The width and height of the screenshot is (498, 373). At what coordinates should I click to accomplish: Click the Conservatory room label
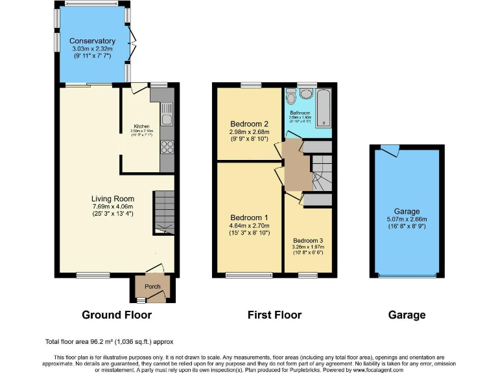click(93, 41)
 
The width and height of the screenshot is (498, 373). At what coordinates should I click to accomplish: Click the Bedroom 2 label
click(249, 124)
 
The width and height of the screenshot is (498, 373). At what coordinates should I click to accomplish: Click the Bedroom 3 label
click(308, 240)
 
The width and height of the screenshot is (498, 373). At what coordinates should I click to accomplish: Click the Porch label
click(152, 287)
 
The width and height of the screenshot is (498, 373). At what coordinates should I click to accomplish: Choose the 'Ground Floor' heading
click(117, 315)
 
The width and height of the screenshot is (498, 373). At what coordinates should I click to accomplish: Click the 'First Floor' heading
click(274, 315)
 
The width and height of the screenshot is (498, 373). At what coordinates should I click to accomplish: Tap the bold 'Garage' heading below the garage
click(407, 315)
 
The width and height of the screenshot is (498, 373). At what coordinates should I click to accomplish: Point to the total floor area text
click(109, 341)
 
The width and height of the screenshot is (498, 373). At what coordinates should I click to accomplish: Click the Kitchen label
click(142, 126)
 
